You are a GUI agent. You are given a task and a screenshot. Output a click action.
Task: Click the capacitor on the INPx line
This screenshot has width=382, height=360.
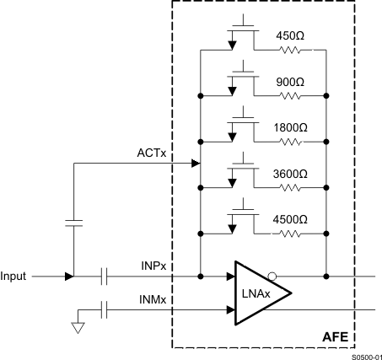(x=105, y=276)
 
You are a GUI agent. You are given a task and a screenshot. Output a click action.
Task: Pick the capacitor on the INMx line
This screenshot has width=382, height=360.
(x=105, y=309)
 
